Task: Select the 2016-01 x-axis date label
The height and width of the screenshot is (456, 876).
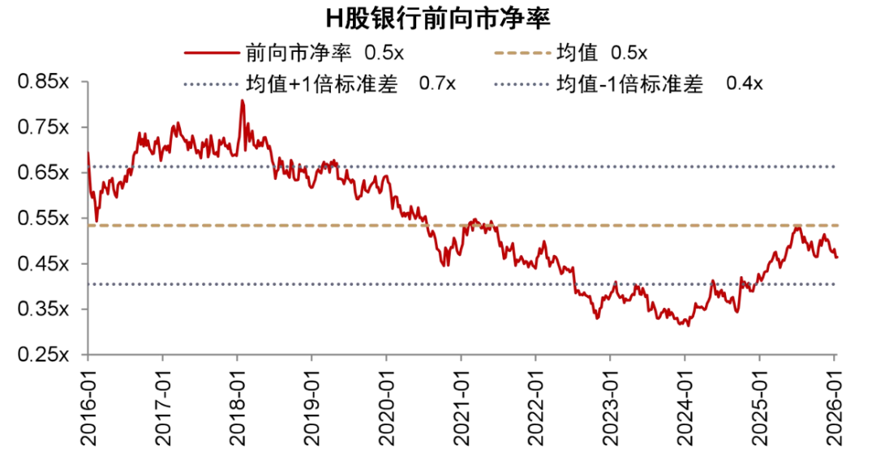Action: click(88, 405)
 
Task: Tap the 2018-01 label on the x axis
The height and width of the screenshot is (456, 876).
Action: click(238, 405)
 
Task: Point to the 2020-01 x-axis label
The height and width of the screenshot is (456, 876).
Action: click(387, 405)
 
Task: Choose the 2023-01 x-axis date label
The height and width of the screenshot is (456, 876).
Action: click(610, 405)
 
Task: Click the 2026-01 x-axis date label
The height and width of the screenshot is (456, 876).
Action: click(835, 405)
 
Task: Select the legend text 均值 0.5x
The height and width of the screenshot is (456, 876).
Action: click(601, 54)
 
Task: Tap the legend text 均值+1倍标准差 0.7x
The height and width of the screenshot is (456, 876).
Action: click(350, 83)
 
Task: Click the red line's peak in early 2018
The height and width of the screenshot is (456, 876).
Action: click(242, 101)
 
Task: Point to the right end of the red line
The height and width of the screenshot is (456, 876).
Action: click(837, 258)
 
